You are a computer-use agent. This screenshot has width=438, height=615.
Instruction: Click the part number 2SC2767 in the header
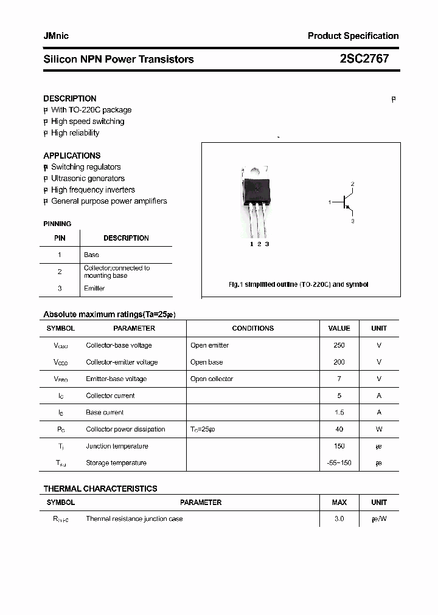[x=364, y=59]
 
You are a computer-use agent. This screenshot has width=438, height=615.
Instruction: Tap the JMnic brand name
[x=56, y=36]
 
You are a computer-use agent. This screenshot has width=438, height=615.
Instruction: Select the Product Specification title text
[x=353, y=36]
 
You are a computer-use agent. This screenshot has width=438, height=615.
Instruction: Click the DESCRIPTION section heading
[x=70, y=98]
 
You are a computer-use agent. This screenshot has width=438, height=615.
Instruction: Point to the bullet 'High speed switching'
[x=88, y=122]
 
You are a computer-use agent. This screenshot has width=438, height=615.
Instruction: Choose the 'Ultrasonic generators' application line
[x=88, y=179]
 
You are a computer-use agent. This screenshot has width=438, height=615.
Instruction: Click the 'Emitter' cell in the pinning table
[x=94, y=289]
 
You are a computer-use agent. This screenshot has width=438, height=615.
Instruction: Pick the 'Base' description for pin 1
[x=91, y=255]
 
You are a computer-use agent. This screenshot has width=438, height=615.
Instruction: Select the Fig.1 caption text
[x=298, y=284]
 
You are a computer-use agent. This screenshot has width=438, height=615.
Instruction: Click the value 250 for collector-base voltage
[x=339, y=345]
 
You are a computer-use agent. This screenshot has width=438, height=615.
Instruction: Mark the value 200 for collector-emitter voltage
[x=339, y=362]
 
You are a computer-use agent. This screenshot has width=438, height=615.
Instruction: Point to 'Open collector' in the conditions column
[x=212, y=379]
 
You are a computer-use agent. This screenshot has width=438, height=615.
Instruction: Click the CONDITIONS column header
[x=252, y=328]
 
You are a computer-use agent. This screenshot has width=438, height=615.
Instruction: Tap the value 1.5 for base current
[x=339, y=413]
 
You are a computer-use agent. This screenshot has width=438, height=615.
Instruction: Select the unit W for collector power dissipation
[x=379, y=430]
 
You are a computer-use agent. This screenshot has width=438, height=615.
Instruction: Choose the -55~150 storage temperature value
[x=339, y=463]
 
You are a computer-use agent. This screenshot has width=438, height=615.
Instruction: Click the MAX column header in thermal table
[x=339, y=503]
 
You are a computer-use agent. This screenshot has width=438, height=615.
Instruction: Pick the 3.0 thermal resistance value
[x=339, y=519]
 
